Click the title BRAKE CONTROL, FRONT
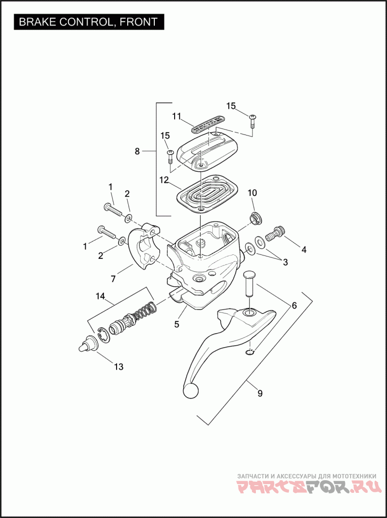pyautogui.click(x=88, y=22)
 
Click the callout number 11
pyautogui.click(x=177, y=116)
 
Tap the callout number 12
pyautogui.click(x=164, y=180)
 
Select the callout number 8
pyautogui.click(x=137, y=151)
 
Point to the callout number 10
pyautogui.click(x=253, y=193)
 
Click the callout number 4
pyautogui.click(x=304, y=250)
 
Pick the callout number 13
pyautogui.click(x=118, y=367)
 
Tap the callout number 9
pyautogui.click(x=260, y=393)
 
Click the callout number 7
pyautogui.click(x=113, y=279)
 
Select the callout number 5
pyautogui.click(x=177, y=324)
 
